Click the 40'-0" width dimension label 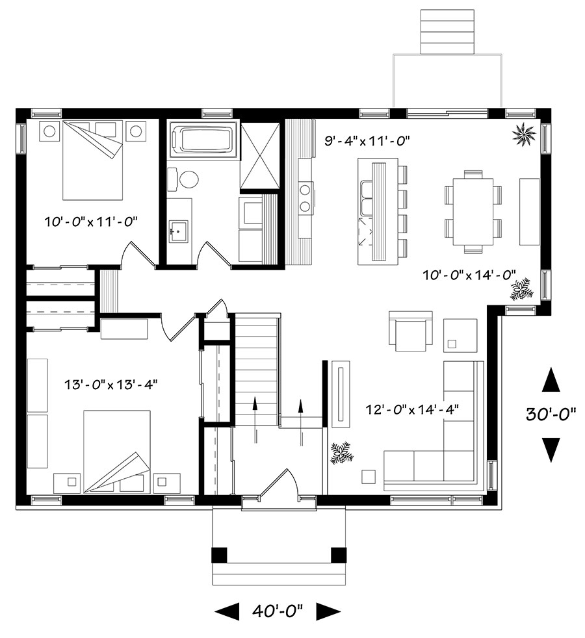pos(278,611)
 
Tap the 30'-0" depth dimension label pos(551,414)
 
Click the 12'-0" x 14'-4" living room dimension pos(412,409)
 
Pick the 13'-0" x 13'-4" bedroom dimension pos(111,384)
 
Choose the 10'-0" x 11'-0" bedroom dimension pos(92,223)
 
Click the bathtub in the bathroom pos(205,140)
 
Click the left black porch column pos(220,555)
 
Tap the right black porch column pos(339,555)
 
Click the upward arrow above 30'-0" pos(551,379)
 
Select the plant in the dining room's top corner pos(523,133)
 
